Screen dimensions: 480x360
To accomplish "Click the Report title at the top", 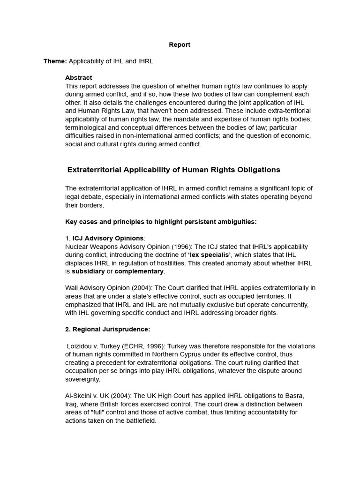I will pyautogui.click(x=180, y=45).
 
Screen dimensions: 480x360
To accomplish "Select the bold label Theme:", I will pyautogui.click(x=55, y=61).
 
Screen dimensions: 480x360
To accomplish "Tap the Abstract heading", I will pyautogui.click(x=79, y=77).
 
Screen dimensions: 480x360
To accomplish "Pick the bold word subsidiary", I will pyautogui.click(x=88, y=271).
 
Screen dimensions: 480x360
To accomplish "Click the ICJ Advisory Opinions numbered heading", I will pyautogui.click(x=108, y=238).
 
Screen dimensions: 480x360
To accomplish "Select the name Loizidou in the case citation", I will pyautogui.click(x=80, y=346).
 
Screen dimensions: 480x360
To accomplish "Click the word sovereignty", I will pyautogui.click(x=82, y=379).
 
